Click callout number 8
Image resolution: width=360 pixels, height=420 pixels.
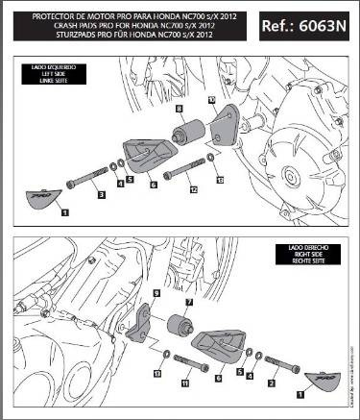pos(179,111)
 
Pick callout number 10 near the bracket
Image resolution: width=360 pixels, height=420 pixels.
pos(212,99)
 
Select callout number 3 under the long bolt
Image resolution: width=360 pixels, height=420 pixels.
pos(101,195)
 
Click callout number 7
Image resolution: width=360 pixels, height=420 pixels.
pos(188,301)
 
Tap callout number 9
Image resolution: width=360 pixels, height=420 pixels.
pos(156,290)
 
